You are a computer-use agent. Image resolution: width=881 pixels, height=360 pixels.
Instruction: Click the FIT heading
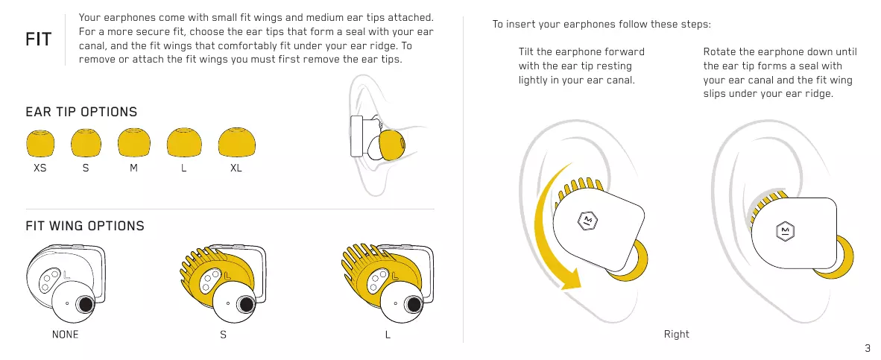[x=39, y=40]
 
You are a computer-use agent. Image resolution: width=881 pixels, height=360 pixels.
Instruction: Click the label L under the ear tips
[x=183, y=168]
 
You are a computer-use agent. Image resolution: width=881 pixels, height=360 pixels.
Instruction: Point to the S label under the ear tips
[x=86, y=168]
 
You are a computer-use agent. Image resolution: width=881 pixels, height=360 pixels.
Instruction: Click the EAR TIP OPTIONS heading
[x=81, y=113]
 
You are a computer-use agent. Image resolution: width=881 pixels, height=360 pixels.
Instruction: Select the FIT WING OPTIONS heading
[x=85, y=226]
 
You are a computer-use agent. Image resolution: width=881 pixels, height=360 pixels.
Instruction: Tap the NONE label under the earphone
[x=65, y=335]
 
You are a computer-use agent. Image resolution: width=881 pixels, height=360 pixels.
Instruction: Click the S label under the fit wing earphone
[x=223, y=335]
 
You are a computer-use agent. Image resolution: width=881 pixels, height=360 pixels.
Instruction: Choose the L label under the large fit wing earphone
[x=388, y=335]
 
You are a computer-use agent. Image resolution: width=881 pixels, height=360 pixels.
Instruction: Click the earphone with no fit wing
[x=66, y=280]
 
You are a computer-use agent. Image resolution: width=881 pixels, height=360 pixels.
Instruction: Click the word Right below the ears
[x=676, y=334]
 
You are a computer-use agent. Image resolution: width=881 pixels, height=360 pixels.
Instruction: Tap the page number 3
[x=868, y=348]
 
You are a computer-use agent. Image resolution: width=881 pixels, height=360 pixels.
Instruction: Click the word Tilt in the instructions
[x=528, y=52]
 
